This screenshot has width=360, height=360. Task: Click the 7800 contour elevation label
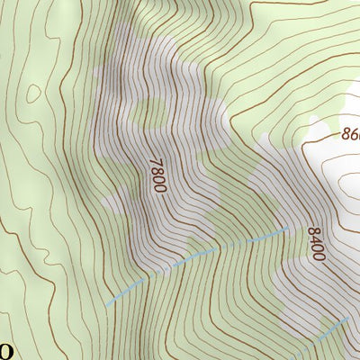click(x=157, y=175)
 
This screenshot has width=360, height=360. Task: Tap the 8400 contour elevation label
click(x=315, y=242)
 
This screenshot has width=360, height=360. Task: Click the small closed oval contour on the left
click(x=34, y=93)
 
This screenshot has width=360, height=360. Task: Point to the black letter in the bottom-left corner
click(x=4, y=349)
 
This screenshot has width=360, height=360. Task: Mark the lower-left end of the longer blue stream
click(x=107, y=306)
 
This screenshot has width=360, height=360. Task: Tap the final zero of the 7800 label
click(x=159, y=187)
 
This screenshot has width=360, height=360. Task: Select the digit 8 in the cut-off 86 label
click(x=346, y=134)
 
